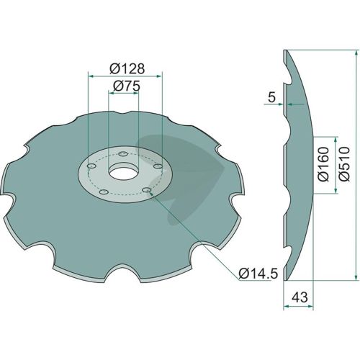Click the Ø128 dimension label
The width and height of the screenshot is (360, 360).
(x=127, y=69)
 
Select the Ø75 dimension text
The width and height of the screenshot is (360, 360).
(x=126, y=86)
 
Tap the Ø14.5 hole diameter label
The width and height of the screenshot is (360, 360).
(x=258, y=274)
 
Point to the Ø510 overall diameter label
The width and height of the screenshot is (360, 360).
(x=345, y=163)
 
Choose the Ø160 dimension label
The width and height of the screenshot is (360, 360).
(x=323, y=164)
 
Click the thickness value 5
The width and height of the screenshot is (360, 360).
(x=271, y=98)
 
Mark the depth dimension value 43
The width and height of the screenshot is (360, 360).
(x=300, y=297)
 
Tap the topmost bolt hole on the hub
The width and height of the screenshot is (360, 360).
(x=123, y=153)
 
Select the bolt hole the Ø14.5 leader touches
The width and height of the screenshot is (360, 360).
(x=146, y=190)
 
